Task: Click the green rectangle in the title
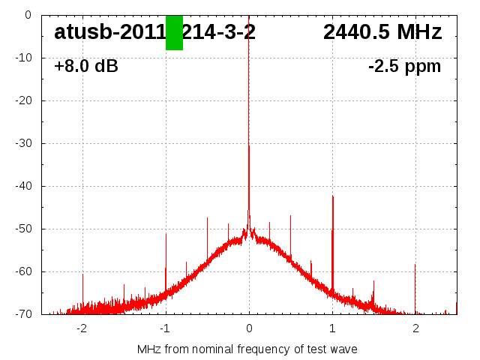click(174, 33)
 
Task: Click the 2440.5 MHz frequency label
click(382, 32)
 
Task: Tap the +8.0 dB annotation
click(86, 66)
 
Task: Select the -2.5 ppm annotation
click(404, 66)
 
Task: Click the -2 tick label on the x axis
click(82, 328)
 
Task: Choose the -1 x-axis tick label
click(165, 328)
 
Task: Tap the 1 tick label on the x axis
click(332, 328)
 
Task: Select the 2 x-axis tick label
click(415, 328)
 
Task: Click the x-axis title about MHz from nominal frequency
click(247, 349)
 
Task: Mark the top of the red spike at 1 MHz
click(332, 196)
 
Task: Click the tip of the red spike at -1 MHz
click(166, 234)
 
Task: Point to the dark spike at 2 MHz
click(415, 265)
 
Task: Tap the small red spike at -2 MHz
click(82, 275)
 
